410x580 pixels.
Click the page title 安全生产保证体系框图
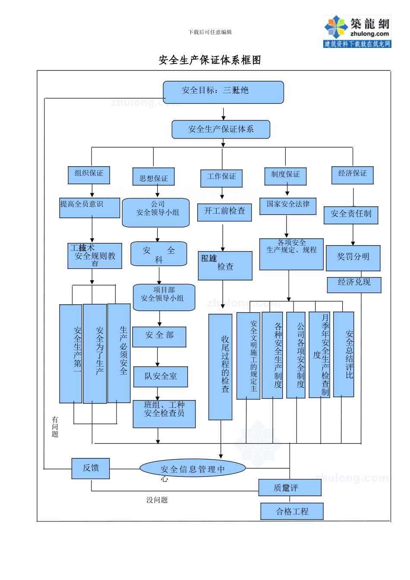210,60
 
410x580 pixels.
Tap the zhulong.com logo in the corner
357,31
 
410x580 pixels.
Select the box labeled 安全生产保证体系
221,129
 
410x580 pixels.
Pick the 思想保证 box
154,177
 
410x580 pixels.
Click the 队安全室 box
161,377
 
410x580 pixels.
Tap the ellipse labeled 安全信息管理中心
192,469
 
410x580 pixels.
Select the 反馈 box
91,468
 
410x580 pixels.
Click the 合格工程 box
292,511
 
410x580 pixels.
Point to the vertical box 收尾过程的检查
221,367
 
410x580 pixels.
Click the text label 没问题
157,500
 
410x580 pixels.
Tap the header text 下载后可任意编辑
210,32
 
